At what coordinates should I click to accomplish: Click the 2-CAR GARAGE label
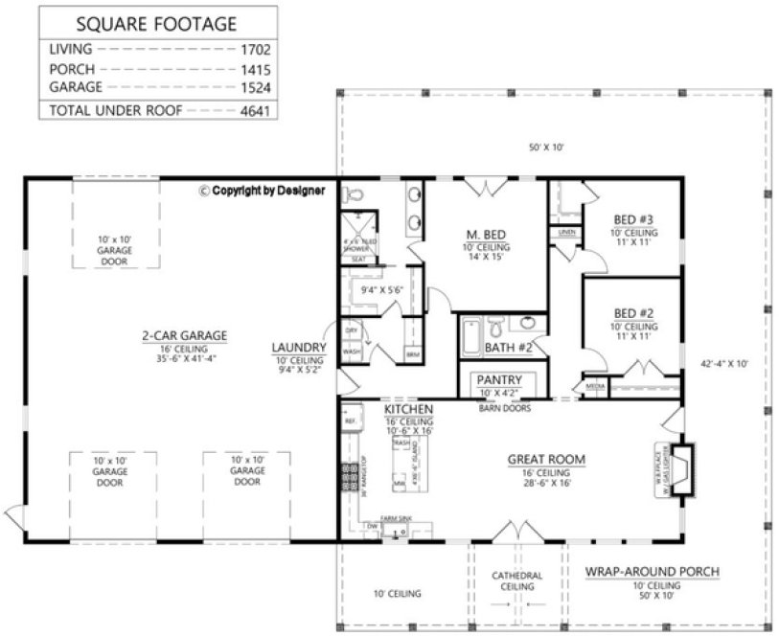point(183,335)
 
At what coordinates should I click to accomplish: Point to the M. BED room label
point(487,235)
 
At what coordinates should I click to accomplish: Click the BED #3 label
point(633,217)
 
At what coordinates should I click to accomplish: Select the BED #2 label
point(633,313)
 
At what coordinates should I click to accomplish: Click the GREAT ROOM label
point(545,460)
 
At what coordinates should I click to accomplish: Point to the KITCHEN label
point(409,409)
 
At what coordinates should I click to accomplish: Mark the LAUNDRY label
point(299,347)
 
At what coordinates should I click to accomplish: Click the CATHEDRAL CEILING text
point(517,580)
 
